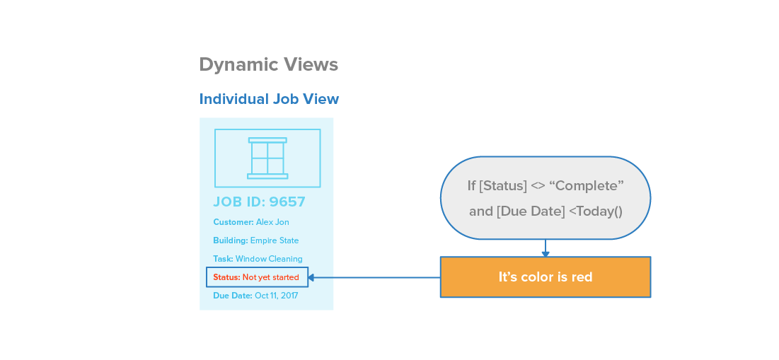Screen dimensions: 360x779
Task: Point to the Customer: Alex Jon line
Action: coord(250,222)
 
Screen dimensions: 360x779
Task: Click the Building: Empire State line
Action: coord(255,240)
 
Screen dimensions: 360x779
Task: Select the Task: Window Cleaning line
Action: coord(258,259)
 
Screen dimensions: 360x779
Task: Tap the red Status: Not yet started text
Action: coord(255,277)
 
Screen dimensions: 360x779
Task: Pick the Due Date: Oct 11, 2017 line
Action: coord(255,296)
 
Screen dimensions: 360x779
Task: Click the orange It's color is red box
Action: coord(545,277)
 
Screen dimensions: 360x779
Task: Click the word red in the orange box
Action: coord(582,277)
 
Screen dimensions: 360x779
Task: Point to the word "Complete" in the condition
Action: coord(586,186)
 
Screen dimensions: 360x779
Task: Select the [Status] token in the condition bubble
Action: coord(502,186)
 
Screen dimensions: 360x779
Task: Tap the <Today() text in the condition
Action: coord(595,211)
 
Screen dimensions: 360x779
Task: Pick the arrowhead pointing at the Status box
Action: coord(312,277)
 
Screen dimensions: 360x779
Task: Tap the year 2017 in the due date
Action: coord(289,296)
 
